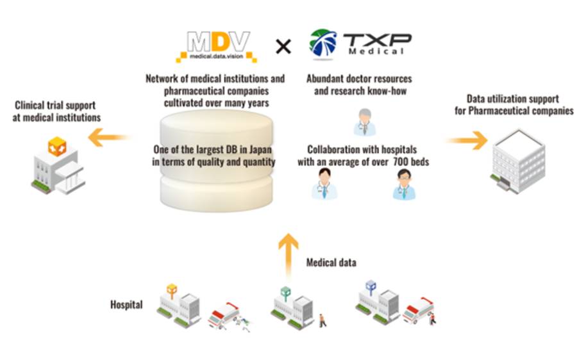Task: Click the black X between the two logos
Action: pyautogui.click(x=283, y=45)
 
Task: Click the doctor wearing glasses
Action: pyautogui.click(x=404, y=184)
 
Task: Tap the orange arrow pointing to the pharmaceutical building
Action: pyautogui.click(x=467, y=140)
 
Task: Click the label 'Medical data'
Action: pyautogui.click(x=331, y=263)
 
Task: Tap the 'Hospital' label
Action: pyautogui.click(x=126, y=305)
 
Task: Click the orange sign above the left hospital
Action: pyautogui.click(x=171, y=290)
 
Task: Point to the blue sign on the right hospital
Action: pyautogui.click(x=370, y=286)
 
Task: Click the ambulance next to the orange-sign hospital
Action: pyautogui.click(x=223, y=316)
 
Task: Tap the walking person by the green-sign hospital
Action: pyautogui.click(x=322, y=320)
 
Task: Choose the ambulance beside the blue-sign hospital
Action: pyautogui.click(x=417, y=309)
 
